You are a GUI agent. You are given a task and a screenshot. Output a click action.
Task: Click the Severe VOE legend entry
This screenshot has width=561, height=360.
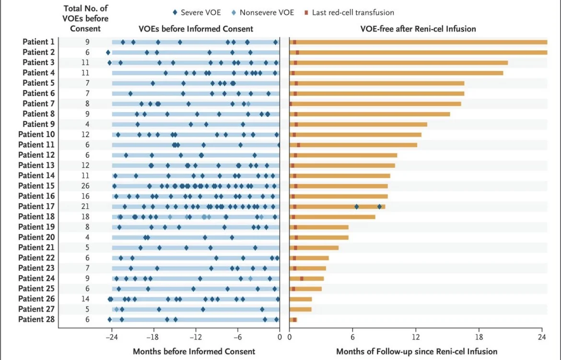[x=196, y=12]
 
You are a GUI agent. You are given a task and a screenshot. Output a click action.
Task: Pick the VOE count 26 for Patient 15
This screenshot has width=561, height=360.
[x=87, y=186]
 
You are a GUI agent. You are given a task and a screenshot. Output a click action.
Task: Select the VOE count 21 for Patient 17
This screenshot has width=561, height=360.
[x=87, y=207]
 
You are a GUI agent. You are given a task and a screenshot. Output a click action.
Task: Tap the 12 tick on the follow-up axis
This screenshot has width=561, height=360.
[x=416, y=337]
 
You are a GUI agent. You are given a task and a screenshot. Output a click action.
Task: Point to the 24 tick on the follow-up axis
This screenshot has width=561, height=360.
[x=542, y=337]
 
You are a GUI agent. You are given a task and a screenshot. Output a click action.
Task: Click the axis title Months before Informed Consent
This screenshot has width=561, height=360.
[x=194, y=351]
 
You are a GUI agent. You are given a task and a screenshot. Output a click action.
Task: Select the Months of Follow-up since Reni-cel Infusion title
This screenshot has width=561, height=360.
[x=417, y=351]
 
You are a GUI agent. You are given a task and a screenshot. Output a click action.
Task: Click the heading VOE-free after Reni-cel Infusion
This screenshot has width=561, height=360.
[x=418, y=29]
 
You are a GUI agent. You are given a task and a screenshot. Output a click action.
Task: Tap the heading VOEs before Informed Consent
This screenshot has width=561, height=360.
[x=196, y=29]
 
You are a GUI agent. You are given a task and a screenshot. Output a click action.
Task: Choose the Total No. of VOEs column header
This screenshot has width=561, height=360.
[x=86, y=19]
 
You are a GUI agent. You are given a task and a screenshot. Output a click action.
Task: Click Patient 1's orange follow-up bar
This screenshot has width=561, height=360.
[x=422, y=42]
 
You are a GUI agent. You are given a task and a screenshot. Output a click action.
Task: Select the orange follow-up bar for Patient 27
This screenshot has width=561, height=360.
[x=301, y=309]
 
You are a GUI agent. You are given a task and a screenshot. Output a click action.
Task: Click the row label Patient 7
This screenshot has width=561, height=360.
[x=39, y=104]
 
